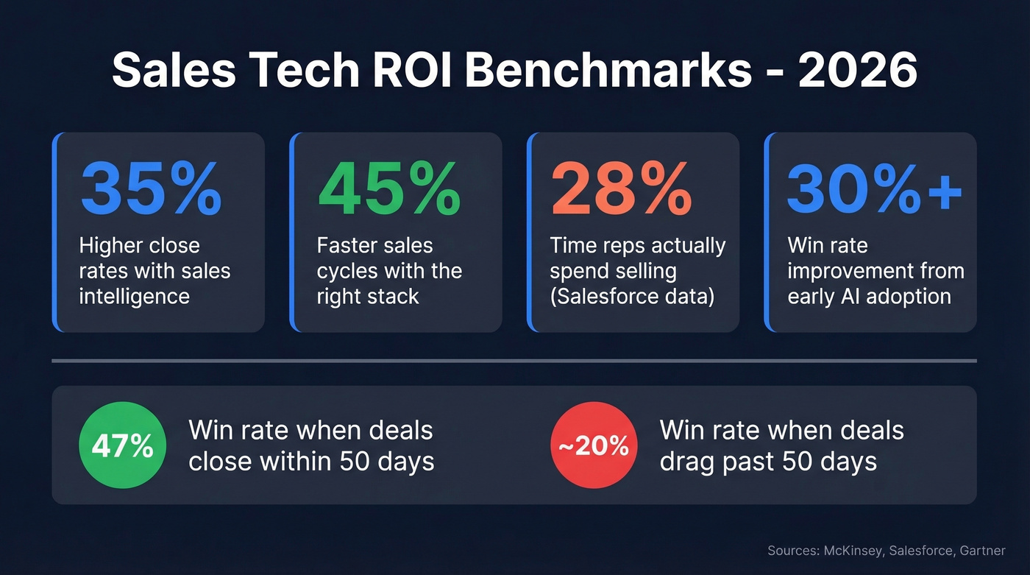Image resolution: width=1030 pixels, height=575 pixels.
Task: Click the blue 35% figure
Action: (x=151, y=189)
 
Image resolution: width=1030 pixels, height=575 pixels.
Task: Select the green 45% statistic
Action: (x=388, y=189)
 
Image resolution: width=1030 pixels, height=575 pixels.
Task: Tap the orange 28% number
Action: (x=622, y=189)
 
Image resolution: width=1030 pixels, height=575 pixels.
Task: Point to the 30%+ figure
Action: (x=875, y=189)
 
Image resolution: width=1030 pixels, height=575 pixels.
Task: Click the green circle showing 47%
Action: (x=122, y=446)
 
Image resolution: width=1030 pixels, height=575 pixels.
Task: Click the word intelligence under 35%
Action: (x=134, y=296)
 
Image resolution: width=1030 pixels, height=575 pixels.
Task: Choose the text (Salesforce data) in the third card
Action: (x=632, y=296)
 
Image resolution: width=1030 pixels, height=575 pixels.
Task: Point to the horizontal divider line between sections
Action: (x=514, y=361)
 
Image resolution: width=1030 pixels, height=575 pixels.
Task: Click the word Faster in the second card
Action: (x=353, y=245)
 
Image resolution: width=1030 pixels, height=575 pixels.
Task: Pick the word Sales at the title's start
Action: (x=168, y=72)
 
